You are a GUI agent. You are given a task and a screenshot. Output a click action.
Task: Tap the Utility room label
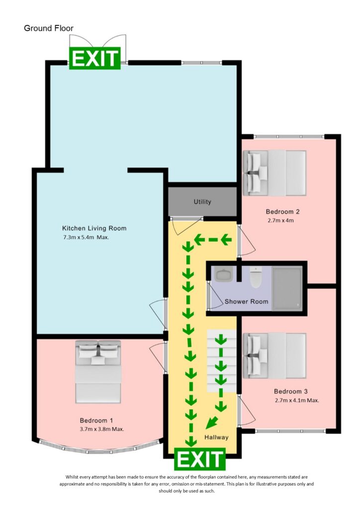(202, 202)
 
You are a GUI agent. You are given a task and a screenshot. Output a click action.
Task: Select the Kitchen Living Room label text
(94, 228)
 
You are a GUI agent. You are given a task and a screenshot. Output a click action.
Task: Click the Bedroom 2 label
(282, 211)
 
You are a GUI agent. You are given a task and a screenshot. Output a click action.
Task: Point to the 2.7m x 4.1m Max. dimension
(296, 400)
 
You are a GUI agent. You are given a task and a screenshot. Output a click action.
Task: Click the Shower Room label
(246, 301)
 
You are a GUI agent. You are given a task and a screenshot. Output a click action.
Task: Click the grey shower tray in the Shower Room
(287, 288)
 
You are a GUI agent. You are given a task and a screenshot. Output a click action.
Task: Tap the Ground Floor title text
(49, 28)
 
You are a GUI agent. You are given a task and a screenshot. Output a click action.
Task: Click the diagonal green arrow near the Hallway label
(212, 423)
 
